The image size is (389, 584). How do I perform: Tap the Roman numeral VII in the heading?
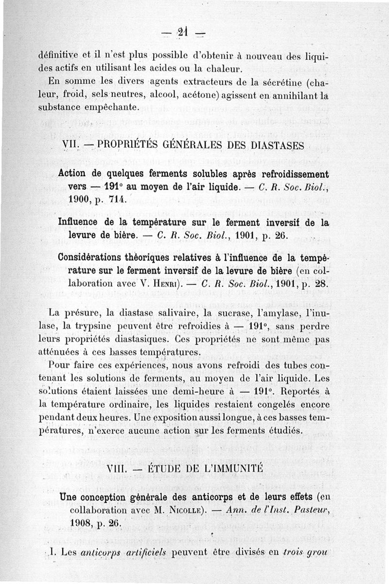point(72,146)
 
